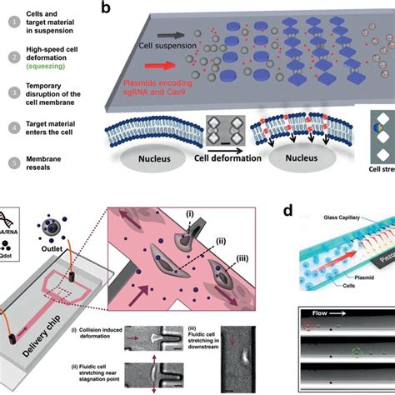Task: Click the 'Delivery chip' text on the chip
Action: pyautogui.click(x=67, y=350)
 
